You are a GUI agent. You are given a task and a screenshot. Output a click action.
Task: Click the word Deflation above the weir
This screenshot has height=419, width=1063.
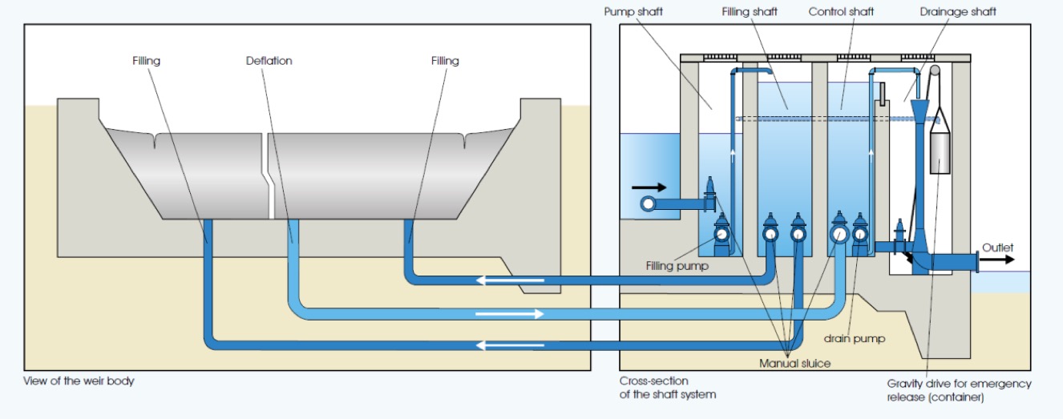(269, 60)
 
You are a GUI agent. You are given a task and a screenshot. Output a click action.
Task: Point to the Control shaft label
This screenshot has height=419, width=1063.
(841, 12)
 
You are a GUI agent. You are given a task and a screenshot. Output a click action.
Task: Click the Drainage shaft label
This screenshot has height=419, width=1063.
(958, 12)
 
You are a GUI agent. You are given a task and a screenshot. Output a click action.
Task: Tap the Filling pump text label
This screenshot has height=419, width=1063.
(677, 266)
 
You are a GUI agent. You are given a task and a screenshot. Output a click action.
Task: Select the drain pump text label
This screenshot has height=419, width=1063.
(855, 338)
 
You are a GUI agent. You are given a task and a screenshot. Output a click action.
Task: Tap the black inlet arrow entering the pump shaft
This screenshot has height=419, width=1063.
(648, 188)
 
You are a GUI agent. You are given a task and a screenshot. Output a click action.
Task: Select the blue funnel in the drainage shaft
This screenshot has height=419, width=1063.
(919, 114)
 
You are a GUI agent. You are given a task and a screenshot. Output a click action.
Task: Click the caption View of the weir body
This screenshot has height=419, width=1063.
(79, 381)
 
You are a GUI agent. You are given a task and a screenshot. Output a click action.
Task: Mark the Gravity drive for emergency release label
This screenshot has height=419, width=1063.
(959, 390)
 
